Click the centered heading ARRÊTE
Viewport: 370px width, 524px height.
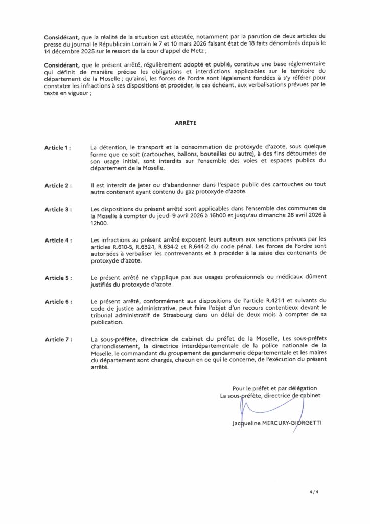(x=184, y=123)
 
